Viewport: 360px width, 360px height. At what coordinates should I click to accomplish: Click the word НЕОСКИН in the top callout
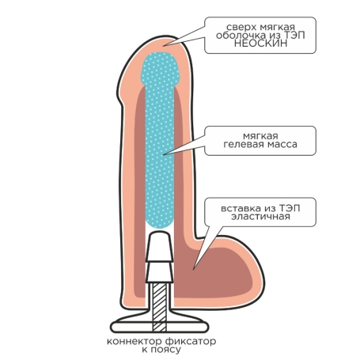[260, 44]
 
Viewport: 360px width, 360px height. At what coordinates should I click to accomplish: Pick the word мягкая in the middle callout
[260, 136]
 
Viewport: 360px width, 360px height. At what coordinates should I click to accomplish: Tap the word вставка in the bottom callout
[240, 209]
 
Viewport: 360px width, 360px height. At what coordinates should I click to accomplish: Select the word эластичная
[260, 217]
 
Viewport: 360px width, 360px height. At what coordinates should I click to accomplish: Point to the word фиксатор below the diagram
[191, 342]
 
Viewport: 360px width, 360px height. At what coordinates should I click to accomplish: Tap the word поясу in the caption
[165, 350]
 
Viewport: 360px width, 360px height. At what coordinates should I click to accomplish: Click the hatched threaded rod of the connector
[160, 306]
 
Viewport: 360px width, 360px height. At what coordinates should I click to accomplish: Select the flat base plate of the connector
[160, 327]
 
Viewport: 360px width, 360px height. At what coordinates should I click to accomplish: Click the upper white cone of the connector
[160, 246]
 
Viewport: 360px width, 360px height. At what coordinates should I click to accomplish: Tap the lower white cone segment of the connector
[160, 272]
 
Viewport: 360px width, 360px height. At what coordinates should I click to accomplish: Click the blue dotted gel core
[160, 140]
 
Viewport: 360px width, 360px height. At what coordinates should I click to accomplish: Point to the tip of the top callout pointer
[164, 46]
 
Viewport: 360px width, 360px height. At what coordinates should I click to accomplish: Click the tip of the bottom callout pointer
[194, 270]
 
